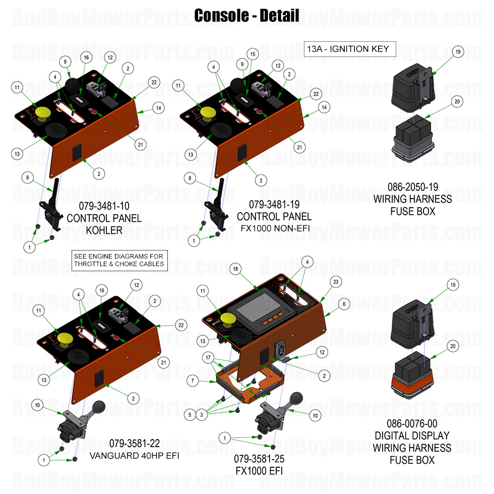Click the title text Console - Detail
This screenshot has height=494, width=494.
(x=246, y=16)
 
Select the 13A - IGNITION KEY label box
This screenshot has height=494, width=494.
(x=348, y=49)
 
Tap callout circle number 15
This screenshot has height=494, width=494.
(x=253, y=54)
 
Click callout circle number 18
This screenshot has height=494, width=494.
(x=235, y=270)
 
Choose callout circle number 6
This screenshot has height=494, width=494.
(x=344, y=304)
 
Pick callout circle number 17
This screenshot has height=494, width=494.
(x=209, y=357)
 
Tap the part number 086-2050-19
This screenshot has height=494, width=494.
(x=412, y=187)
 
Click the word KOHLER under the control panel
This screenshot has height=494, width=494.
(x=104, y=230)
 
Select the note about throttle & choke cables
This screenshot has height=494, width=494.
(x=119, y=260)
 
